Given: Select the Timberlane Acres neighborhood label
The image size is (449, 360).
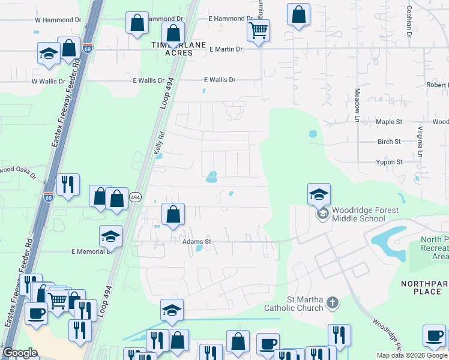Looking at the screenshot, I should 179,49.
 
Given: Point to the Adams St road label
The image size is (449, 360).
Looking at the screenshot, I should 197,242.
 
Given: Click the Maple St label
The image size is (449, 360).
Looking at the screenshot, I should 388,122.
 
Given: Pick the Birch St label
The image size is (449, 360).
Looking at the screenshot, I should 389,142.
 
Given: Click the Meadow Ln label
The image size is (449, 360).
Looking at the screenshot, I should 357,106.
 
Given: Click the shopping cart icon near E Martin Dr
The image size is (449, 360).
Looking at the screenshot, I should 258,30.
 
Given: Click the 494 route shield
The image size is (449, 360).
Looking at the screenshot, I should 136,197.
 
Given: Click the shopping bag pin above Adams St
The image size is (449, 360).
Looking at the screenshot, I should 173,214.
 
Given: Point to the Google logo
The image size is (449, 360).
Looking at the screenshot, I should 20,353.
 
